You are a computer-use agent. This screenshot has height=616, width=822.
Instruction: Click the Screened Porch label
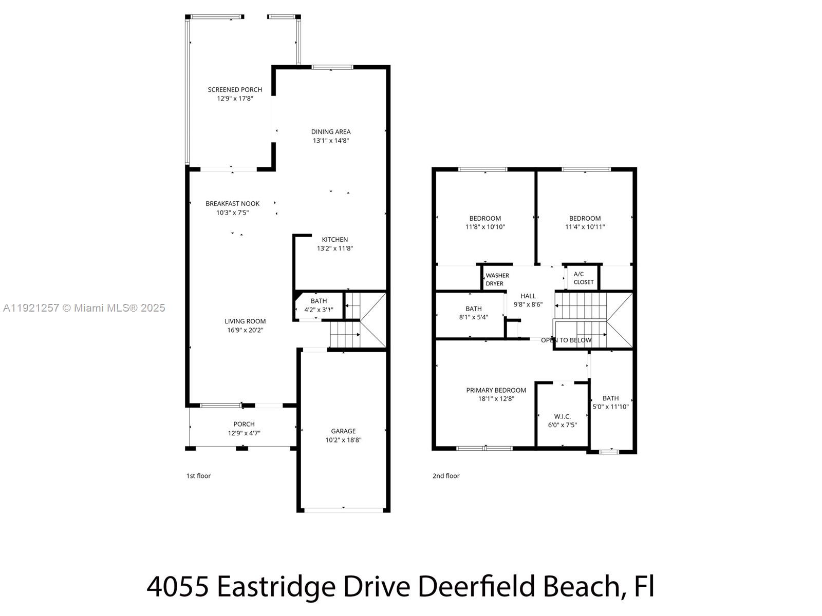[235, 89]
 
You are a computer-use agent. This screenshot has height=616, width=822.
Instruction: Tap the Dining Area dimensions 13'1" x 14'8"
[331, 141]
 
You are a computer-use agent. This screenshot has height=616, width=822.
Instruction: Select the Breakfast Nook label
[232, 204]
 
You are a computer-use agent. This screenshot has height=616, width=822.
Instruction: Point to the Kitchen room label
[335, 240]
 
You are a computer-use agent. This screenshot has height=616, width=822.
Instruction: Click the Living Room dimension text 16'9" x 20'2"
[245, 331]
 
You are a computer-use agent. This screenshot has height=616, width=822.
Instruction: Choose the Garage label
[343, 431]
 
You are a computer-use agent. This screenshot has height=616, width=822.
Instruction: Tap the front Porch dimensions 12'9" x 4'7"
[244, 433]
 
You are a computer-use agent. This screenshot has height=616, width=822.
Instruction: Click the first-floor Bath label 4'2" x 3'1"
[319, 301]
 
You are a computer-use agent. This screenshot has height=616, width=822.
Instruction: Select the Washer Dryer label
[497, 280]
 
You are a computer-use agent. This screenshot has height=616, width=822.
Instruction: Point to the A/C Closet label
[583, 278]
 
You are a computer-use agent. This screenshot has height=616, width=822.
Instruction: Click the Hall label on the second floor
[528, 296]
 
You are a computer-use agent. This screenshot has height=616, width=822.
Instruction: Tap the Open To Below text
[566, 340]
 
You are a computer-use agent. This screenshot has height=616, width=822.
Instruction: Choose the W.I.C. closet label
[563, 416]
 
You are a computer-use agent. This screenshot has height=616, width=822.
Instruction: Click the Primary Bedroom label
[496, 390]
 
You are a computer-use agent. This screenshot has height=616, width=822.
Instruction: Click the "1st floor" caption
[198, 476]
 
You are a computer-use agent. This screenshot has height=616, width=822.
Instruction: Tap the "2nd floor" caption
[446, 476]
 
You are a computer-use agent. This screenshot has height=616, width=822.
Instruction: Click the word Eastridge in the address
[276, 586]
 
